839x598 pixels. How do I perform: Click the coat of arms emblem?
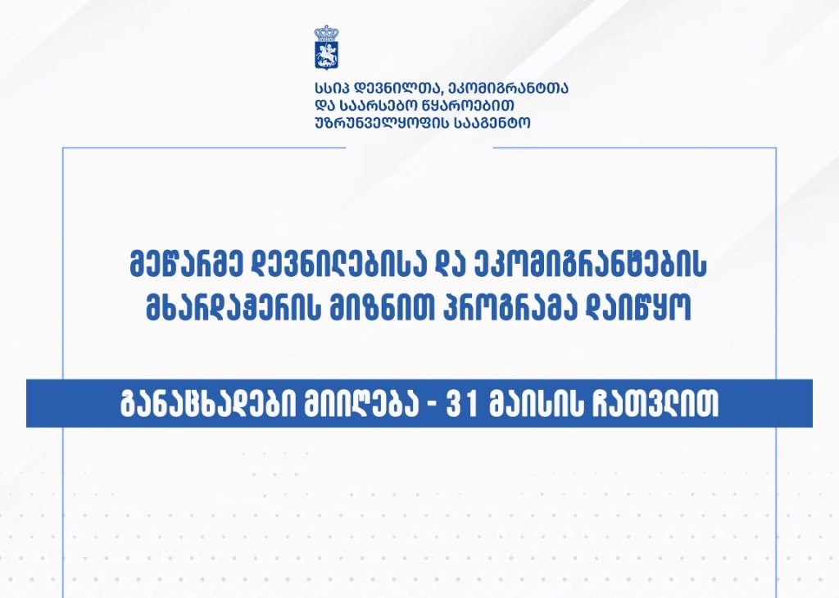click(x=326, y=47)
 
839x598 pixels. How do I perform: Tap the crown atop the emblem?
click(x=326, y=33)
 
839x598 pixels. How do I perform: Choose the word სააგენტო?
click(x=492, y=123)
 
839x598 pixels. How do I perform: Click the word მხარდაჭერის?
click(x=234, y=307)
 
